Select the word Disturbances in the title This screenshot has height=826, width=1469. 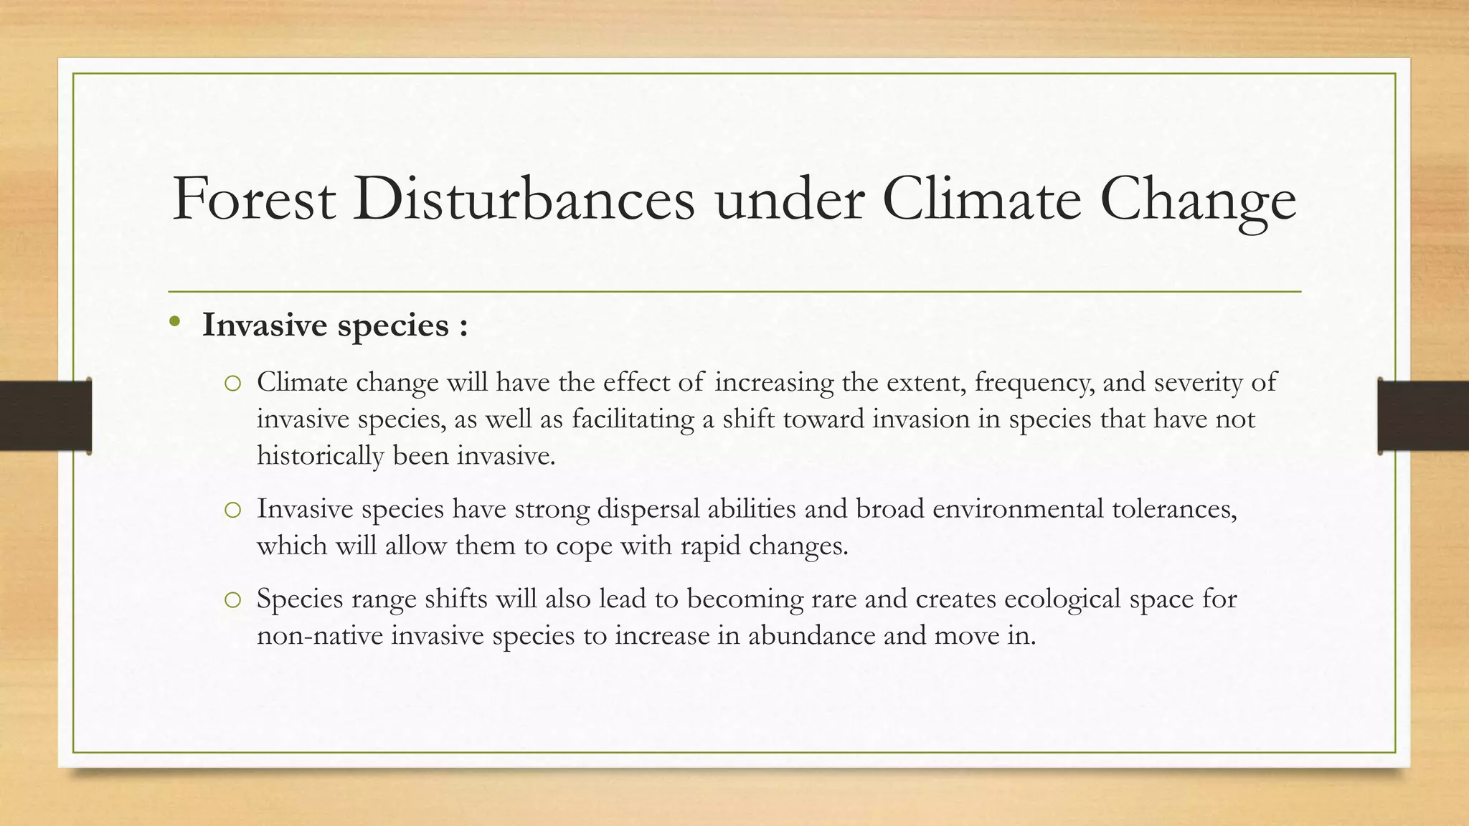(524, 199)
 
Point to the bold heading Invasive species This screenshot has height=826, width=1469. (335, 325)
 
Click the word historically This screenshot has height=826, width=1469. (320, 456)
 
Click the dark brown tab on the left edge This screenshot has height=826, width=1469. (45, 416)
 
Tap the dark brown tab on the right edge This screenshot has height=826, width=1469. (1423, 416)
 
